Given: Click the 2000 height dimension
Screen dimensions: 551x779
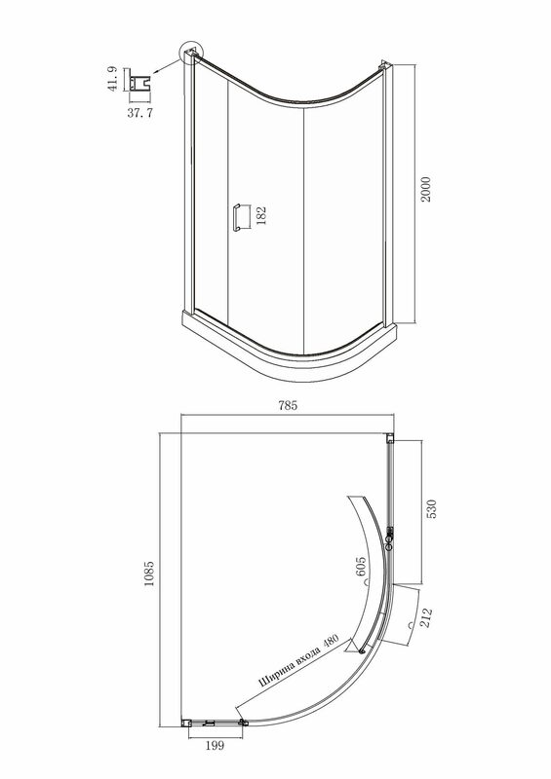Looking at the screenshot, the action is coord(426,189).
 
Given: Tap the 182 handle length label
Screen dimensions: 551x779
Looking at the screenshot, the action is coord(261,216).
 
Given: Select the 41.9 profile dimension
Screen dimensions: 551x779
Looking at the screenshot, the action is coord(112,79).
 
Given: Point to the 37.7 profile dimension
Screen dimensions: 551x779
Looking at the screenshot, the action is coord(139,113).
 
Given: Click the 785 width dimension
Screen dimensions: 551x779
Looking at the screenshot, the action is coord(288,405).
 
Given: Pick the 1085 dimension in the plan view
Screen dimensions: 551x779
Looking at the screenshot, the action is coord(149,574).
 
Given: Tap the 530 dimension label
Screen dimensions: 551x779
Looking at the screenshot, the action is coord(431,509).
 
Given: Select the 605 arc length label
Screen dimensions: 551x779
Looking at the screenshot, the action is coord(361,567).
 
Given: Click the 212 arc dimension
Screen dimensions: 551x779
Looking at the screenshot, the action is coord(426,617).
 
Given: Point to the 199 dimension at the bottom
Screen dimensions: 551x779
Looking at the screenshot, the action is coord(215,745).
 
